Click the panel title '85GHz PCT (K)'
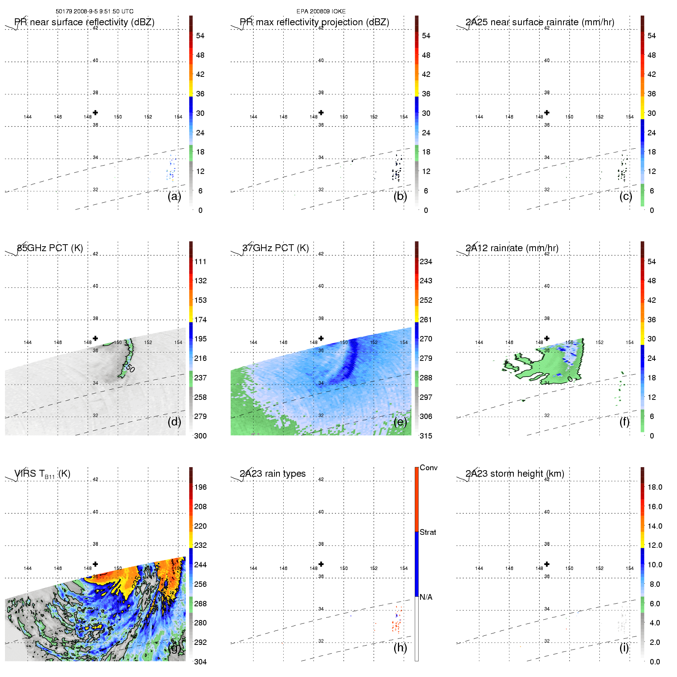(50, 248)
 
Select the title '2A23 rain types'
(273, 474)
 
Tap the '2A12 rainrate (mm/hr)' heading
(512, 248)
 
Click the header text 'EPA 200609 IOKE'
(321, 11)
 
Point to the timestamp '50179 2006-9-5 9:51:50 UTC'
(94, 11)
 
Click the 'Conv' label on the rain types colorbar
(428, 468)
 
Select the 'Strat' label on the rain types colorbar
(428, 533)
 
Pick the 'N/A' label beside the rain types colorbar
(426, 597)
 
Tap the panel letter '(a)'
(174, 196)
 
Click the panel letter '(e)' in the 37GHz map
(400, 422)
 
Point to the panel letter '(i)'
(624, 648)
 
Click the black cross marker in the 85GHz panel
(95, 338)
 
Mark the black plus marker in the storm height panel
(547, 564)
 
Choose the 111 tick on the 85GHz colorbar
(200, 262)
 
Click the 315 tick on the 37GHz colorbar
(426, 436)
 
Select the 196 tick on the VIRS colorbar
(200, 487)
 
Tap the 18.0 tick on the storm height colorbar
(654, 487)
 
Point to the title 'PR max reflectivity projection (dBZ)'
(314, 22)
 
